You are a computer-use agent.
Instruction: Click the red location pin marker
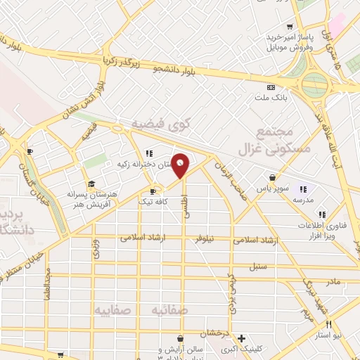181,165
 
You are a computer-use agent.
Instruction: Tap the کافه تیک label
153,202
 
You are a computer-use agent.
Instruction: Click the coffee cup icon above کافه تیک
153,191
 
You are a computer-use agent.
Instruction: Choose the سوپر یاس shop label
271,189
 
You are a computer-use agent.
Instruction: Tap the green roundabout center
315,86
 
